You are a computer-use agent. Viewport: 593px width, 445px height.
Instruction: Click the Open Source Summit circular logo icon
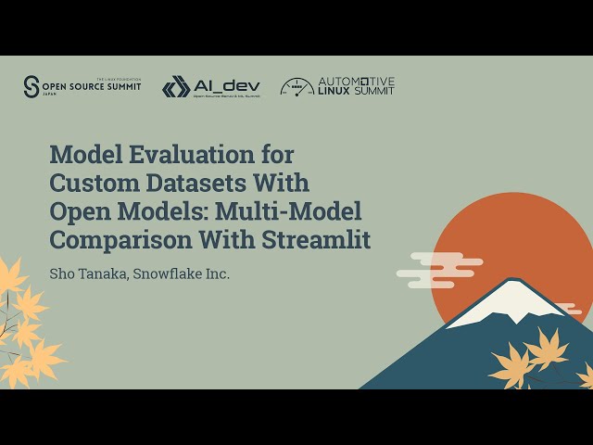point(32,86)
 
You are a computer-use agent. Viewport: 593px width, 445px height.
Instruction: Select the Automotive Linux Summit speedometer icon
point(296,87)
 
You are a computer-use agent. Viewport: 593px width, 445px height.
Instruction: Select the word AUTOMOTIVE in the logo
point(356,82)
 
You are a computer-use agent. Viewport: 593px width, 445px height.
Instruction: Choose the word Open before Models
point(78,210)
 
